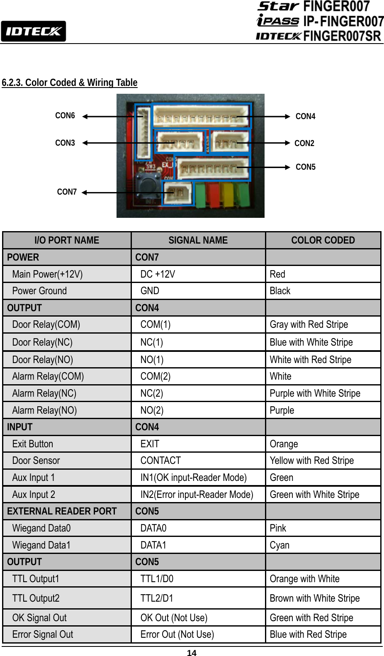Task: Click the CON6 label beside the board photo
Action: (x=65, y=116)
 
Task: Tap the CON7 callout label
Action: (x=67, y=192)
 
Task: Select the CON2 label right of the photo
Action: (x=304, y=144)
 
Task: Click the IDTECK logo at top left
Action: (x=33, y=32)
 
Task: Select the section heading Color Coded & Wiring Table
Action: (x=70, y=83)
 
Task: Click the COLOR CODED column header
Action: (x=323, y=240)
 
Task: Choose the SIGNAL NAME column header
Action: (x=198, y=240)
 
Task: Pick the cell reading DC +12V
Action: (x=158, y=274)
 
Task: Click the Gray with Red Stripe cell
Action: (x=309, y=324)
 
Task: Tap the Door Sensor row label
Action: (x=36, y=461)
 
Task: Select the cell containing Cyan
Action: (x=279, y=545)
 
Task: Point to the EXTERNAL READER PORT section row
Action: (x=62, y=511)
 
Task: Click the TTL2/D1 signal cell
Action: (x=157, y=598)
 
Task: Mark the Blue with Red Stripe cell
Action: (x=308, y=634)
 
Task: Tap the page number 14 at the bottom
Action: (x=192, y=653)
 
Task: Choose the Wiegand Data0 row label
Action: (x=41, y=528)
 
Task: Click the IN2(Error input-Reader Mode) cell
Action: (x=197, y=495)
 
